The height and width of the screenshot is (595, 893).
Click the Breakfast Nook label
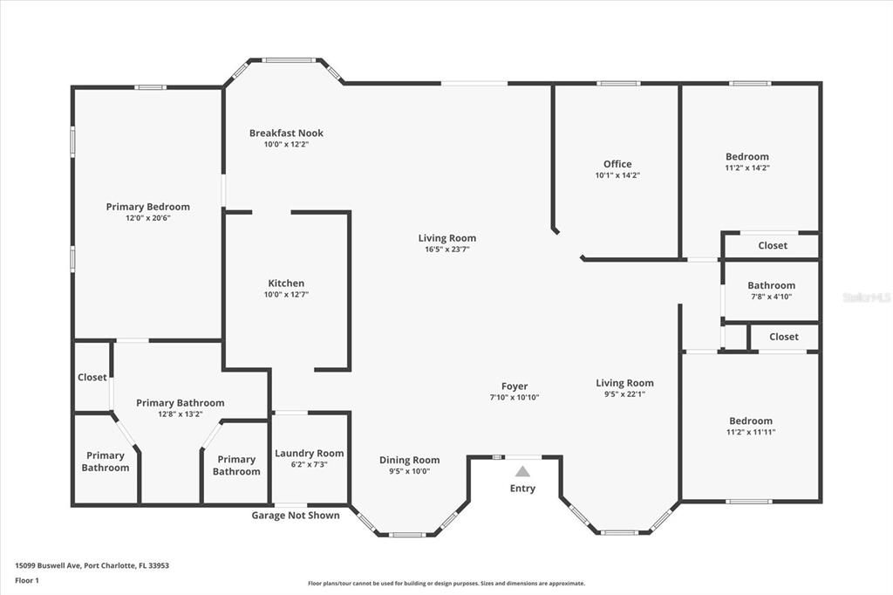click(x=286, y=133)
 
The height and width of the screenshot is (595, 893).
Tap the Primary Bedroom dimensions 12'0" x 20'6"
click(x=147, y=218)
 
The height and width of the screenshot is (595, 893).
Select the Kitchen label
click(x=286, y=284)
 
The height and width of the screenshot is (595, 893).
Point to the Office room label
click(x=617, y=164)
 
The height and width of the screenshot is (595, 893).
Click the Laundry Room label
click(x=310, y=454)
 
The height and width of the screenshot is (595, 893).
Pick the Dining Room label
click(x=409, y=461)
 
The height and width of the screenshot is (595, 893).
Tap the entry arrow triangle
click(x=522, y=471)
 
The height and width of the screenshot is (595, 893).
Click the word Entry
click(x=522, y=489)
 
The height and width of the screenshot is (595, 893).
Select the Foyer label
click(x=515, y=386)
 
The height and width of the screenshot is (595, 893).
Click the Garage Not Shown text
click(x=296, y=516)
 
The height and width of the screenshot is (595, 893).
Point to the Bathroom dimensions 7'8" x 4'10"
click(x=771, y=297)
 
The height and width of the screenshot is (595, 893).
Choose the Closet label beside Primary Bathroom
click(x=92, y=378)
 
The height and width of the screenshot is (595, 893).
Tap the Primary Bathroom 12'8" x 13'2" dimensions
click(x=180, y=414)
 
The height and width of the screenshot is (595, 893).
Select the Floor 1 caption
click(x=27, y=579)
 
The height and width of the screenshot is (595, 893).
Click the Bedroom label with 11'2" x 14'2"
click(x=747, y=157)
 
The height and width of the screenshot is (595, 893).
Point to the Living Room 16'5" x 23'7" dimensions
click(x=447, y=250)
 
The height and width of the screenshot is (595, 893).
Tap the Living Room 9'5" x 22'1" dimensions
click(x=624, y=394)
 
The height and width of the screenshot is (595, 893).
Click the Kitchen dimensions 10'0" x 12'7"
click(x=286, y=295)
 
